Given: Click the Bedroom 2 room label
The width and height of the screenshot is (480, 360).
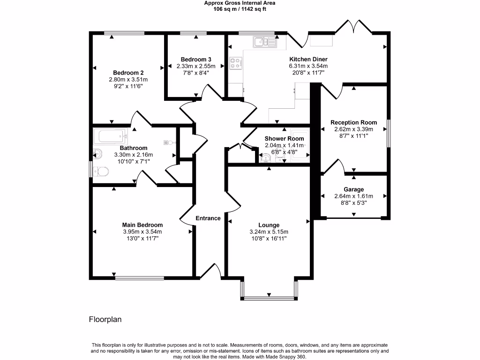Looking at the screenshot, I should pos(128,73).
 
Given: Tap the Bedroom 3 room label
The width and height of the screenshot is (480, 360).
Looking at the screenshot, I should pos(196,60).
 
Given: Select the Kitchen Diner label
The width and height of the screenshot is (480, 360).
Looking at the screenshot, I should pos(308,59).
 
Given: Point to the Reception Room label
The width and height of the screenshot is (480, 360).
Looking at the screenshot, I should pos(353,122).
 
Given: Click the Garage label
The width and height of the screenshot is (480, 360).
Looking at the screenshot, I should pos(353,189).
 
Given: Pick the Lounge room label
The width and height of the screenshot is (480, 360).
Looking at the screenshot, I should pos(269,225).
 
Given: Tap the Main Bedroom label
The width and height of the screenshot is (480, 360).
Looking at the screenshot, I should pos(142,225).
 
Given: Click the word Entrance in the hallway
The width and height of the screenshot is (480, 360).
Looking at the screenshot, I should pos(208,218).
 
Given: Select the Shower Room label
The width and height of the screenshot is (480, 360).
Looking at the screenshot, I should pos(284,139).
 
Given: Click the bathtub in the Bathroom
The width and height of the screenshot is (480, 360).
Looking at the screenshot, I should pos(111,136).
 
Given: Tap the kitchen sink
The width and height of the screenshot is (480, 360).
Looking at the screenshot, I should pos(265,43).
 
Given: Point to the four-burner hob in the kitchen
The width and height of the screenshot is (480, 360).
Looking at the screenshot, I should pos(235,63).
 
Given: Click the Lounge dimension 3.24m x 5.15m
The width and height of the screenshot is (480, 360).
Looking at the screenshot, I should pos(269,232).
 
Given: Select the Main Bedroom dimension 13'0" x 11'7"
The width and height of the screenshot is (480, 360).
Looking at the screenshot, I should pos(142,238).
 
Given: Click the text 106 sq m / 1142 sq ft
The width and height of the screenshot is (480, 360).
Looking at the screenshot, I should pos(240,8).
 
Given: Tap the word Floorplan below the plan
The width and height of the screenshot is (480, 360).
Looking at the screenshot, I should pos(105,320).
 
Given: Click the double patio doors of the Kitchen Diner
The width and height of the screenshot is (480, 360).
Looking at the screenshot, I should pos(354,27).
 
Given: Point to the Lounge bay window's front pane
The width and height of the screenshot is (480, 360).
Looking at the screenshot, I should pos(269,298).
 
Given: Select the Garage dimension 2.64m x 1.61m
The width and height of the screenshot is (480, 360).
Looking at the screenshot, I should pos(353,196).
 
